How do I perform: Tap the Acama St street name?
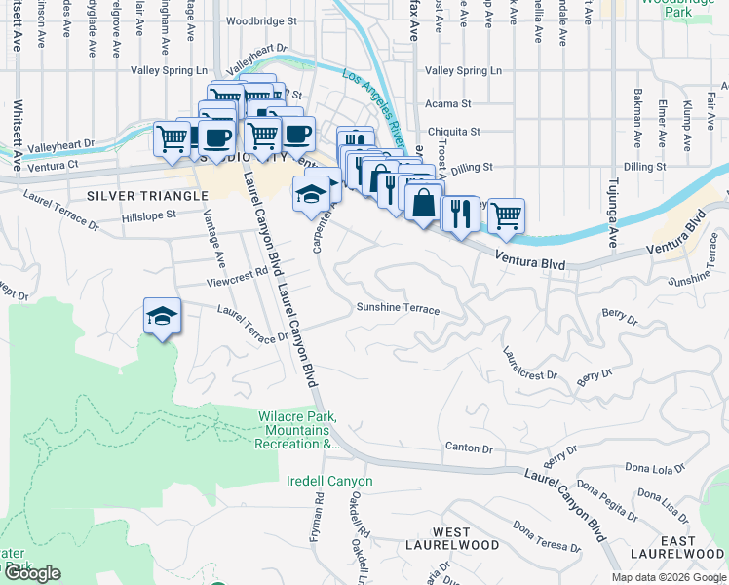(x=448, y=102)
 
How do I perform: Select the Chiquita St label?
(x=454, y=131)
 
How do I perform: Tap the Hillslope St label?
(x=148, y=214)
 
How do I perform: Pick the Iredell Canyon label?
(x=329, y=481)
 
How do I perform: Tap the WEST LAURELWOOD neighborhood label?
(x=452, y=538)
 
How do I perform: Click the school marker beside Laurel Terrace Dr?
(x=163, y=315)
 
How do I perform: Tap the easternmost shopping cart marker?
(x=506, y=214)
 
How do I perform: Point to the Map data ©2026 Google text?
(x=668, y=576)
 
